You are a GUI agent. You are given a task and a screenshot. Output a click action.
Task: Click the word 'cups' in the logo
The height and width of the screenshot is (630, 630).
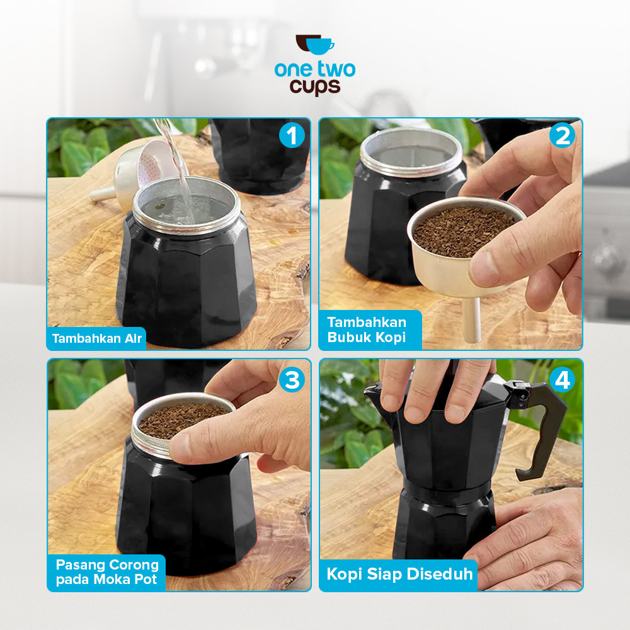click(x=314, y=87)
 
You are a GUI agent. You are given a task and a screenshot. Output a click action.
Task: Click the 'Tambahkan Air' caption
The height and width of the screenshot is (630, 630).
click(x=97, y=338)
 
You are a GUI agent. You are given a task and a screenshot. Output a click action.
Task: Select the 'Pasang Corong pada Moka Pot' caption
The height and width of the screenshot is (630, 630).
click(x=106, y=572)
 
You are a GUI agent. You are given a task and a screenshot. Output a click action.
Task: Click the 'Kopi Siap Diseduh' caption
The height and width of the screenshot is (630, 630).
click(x=399, y=575)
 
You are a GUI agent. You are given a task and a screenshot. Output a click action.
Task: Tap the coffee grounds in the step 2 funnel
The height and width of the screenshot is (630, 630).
click(x=465, y=231)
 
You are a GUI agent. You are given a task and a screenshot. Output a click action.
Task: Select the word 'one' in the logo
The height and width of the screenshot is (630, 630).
click(x=292, y=69)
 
